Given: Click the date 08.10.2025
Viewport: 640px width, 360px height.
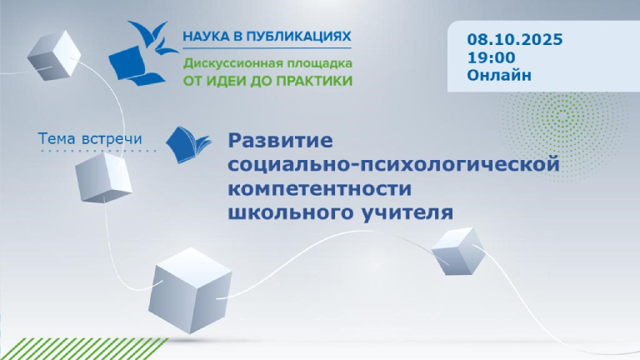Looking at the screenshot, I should click(x=515, y=39).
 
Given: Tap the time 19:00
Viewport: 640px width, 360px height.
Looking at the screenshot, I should click(x=491, y=57).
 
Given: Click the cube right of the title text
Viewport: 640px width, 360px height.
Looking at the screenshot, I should click(x=457, y=250).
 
